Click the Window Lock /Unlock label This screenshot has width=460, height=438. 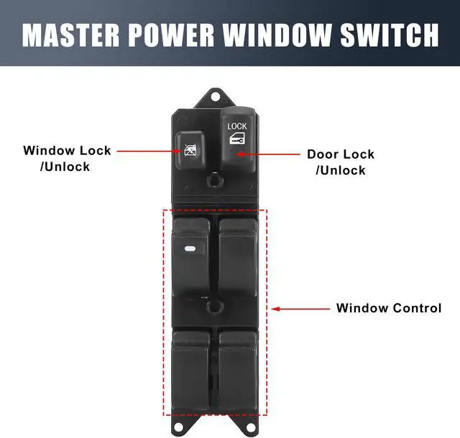click(67, 158)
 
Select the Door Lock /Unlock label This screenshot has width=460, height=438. click(341, 162)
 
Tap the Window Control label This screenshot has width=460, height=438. click(389, 308)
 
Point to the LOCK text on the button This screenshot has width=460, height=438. click(237, 126)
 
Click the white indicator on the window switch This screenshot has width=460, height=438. click(190, 249)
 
